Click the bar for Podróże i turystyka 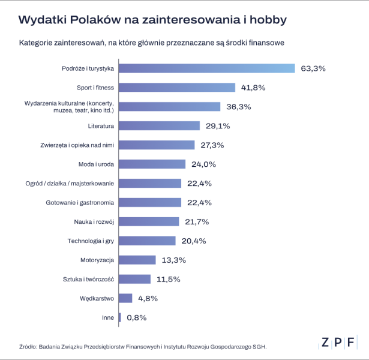(207, 68)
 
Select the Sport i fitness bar (177, 88)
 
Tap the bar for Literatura (160, 126)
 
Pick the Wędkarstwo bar (125, 298)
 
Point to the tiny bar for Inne (120, 317)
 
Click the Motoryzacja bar (137, 260)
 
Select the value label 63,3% (313, 68)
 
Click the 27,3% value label (212, 145)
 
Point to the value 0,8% (135, 317)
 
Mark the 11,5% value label (167, 279)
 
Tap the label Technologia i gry (91, 241)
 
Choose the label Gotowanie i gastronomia (80, 202)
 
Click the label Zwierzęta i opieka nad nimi (76, 145)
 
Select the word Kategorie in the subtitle (37, 43)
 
